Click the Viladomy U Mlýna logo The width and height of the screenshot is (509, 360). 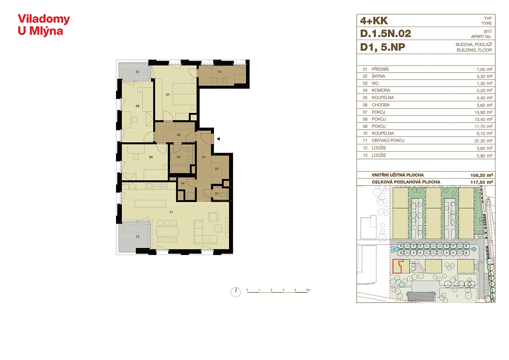(44, 25)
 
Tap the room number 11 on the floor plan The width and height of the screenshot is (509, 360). (171, 212)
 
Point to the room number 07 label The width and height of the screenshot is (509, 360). (168, 95)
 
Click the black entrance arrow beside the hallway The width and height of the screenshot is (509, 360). (218, 139)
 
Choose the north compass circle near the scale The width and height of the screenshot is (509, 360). (236, 292)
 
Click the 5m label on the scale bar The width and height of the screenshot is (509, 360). (308, 290)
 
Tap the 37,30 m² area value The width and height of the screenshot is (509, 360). (483, 141)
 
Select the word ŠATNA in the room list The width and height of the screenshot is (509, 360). (378, 76)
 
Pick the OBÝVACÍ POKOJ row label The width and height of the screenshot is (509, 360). (388, 140)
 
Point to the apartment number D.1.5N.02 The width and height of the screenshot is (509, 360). (386, 34)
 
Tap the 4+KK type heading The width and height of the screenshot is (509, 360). (374, 21)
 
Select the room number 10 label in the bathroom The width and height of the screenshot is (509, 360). (219, 72)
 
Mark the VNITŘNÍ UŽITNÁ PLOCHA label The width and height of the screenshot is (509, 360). (398, 175)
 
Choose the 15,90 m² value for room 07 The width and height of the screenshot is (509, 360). (483, 113)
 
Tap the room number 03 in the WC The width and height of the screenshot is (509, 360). (217, 194)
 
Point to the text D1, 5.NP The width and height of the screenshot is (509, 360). (383, 47)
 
